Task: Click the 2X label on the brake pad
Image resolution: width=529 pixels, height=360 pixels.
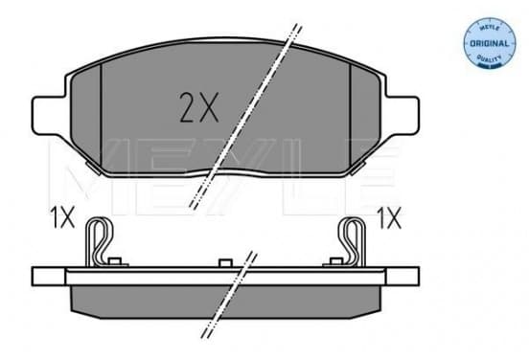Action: coord(199,107)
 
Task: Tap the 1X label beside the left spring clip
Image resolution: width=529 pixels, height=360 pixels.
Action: coord(62,217)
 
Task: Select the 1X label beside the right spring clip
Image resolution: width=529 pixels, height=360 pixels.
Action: coord(389,217)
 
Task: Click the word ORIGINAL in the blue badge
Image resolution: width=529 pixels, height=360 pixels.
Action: coord(489,43)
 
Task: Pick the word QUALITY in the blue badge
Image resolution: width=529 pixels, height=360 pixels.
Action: coord(489,58)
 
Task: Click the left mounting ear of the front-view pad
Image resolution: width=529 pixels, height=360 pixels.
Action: coord(48,115)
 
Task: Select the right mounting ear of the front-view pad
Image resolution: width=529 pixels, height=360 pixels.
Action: coord(402,115)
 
